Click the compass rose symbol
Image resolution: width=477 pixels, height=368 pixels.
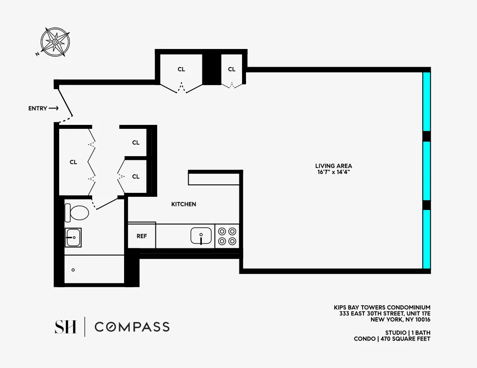pyautogui.click(x=55, y=42)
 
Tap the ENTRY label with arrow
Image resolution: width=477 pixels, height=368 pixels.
pyautogui.click(x=43, y=108)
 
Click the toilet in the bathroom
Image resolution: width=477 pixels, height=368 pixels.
pyautogui.click(x=77, y=212)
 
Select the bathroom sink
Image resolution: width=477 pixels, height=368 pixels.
pyautogui.click(x=73, y=237)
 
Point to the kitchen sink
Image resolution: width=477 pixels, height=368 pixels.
pyautogui.click(x=201, y=236)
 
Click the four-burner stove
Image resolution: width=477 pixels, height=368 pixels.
pyautogui.click(x=227, y=236)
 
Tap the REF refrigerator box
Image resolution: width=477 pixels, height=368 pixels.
pyautogui.click(x=142, y=236)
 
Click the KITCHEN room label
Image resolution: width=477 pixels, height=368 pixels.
pyautogui.click(x=184, y=204)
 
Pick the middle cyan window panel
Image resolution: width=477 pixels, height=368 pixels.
pyautogui.click(x=426, y=171)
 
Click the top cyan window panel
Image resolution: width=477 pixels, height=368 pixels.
pyautogui.click(x=426, y=101)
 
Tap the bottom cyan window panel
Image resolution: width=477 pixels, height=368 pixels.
pyautogui.click(x=426, y=239)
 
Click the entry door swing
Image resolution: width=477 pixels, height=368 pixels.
pyautogui.click(x=65, y=104)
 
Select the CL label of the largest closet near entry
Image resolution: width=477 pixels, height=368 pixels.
pyautogui.click(x=73, y=162)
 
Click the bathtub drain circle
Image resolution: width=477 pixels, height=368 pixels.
pyautogui.click(x=73, y=270)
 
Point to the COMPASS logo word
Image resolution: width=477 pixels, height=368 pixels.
pyautogui.click(x=132, y=327)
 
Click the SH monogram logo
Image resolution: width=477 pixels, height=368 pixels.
pyautogui.click(x=65, y=327)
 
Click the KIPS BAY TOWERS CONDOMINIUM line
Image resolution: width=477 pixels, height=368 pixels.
pyautogui.click(x=382, y=308)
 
